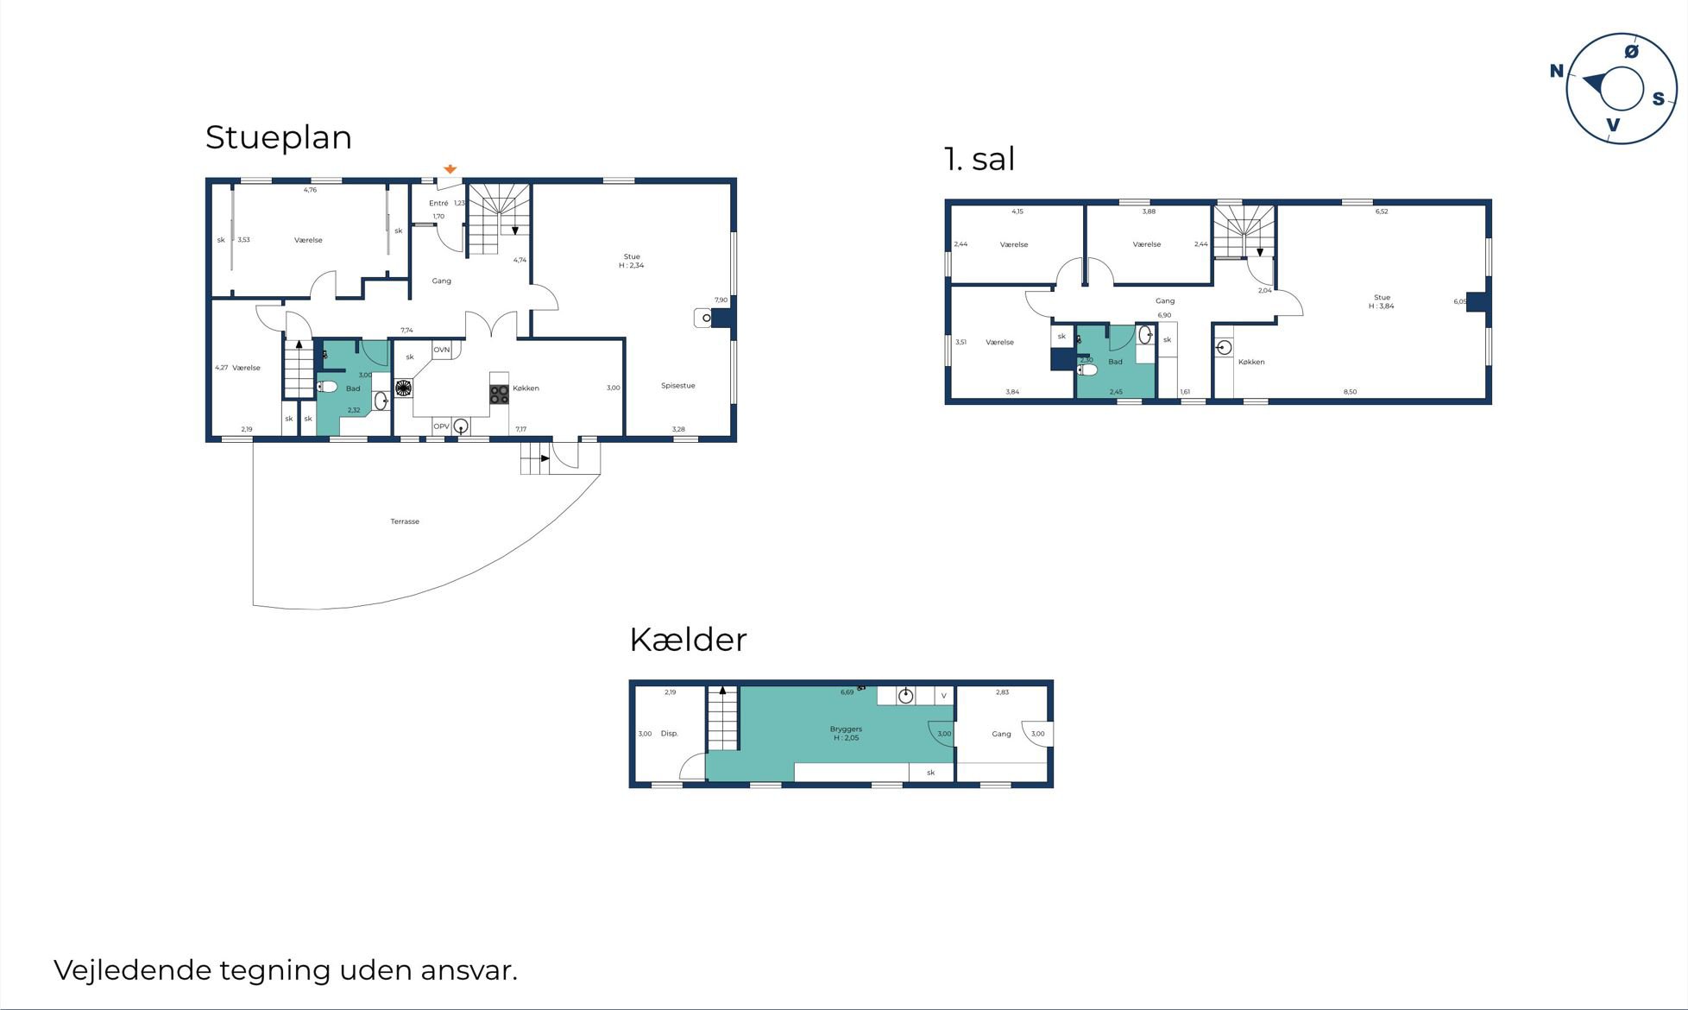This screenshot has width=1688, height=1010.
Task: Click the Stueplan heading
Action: coord(279,138)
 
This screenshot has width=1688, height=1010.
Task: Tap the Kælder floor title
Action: coord(688,640)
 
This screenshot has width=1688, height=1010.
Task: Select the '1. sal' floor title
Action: coord(979,159)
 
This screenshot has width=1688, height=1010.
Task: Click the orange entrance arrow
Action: coord(450,169)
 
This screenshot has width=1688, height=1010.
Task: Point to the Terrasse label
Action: coord(405,521)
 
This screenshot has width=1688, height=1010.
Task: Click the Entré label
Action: coord(438,204)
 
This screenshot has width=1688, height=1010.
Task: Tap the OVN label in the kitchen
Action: coord(442,350)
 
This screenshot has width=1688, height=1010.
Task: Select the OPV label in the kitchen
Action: coord(441,426)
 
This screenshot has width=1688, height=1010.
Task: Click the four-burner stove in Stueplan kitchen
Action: coord(499,395)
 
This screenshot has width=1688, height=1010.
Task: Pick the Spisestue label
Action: coord(678,386)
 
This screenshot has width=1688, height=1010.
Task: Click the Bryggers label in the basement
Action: coord(846,729)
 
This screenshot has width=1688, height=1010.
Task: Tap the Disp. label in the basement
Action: coord(670,734)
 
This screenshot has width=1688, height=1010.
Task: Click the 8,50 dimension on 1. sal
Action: coord(1350,392)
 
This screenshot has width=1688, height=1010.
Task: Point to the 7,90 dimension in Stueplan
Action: coord(721,300)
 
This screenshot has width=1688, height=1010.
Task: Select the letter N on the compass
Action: coord(1557,71)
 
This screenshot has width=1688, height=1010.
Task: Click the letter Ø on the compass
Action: coord(1631,52)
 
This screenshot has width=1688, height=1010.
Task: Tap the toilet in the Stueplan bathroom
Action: coord(327,386)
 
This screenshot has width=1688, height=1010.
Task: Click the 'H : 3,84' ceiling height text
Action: coord(1381,306)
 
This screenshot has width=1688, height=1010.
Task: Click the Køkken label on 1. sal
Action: coord(1251,363)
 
